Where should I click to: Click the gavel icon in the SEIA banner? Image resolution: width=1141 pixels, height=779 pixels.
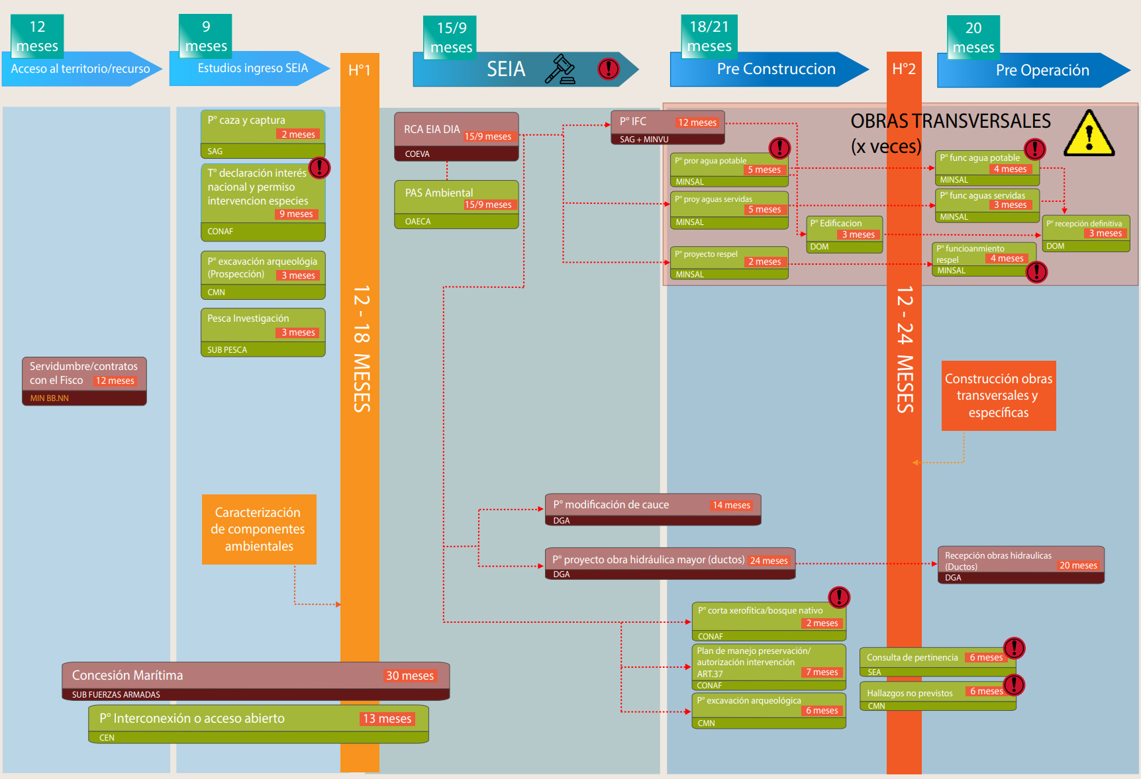560,69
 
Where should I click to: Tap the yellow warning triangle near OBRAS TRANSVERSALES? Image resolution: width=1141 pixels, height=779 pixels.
1089,134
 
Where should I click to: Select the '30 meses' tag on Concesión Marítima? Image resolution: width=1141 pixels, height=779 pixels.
410,676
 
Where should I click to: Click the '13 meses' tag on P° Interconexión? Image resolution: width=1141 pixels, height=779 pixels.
387,719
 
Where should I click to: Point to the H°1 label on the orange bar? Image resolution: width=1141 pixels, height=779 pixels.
360,70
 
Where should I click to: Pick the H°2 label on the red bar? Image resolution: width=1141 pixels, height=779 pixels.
904,69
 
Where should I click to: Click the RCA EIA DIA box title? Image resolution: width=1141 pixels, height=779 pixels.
432,129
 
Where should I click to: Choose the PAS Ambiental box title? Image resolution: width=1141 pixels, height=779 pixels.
439,193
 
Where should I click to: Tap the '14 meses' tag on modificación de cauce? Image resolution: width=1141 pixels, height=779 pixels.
731,505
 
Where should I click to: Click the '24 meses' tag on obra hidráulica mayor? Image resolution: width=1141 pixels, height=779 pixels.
769,561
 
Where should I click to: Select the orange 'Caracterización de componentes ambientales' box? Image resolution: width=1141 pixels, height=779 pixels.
259,529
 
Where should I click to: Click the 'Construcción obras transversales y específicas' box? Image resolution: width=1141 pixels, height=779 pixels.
999,396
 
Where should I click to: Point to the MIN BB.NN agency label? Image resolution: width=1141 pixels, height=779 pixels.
50,398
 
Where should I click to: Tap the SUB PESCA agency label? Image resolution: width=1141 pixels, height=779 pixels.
227,350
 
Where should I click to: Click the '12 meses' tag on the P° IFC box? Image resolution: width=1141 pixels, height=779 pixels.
697,122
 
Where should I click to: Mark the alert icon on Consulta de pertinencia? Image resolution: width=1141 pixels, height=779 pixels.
1014,648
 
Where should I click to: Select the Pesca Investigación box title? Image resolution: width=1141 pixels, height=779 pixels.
248,318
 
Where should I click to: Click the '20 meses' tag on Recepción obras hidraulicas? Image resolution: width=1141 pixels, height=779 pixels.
1078,565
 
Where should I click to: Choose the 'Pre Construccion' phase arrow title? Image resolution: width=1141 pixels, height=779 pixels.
776,69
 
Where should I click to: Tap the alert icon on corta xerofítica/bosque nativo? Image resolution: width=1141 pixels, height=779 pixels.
839,598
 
